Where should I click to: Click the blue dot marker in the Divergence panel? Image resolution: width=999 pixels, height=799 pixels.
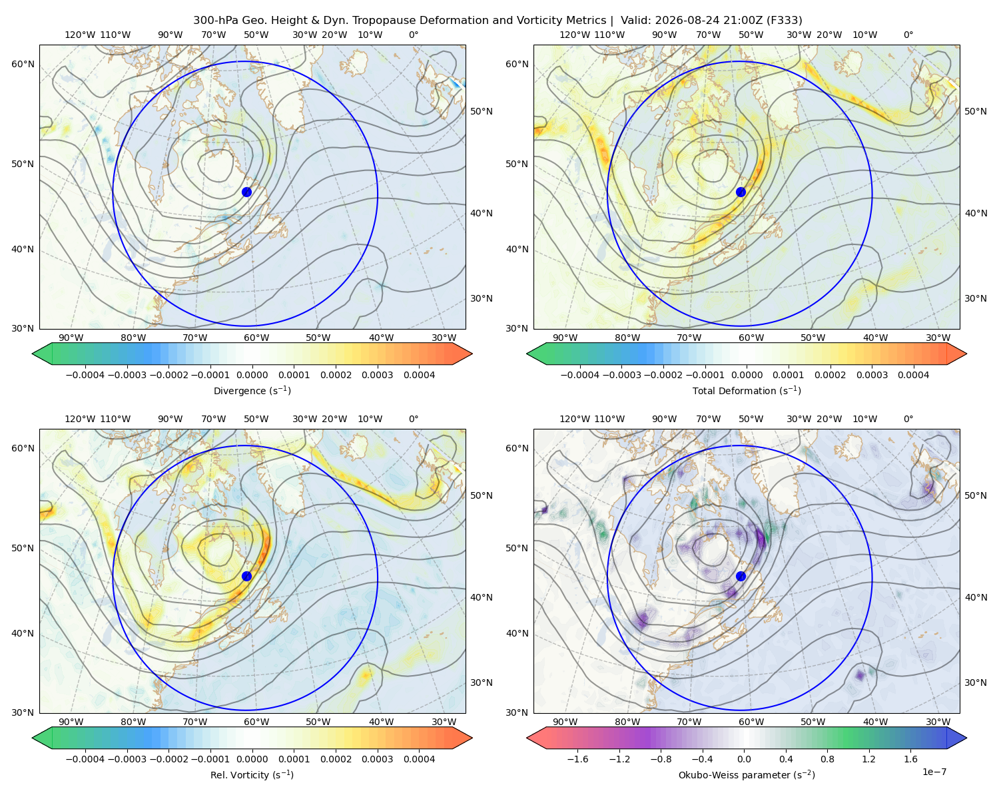pyautogui.click(x=246, y=192)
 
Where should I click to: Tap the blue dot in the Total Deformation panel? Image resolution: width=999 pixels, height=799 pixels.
pyautogui.click(x=741, y=192)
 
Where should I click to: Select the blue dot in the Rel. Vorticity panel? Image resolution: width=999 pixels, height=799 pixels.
pyautogui.click(x=246, y=576)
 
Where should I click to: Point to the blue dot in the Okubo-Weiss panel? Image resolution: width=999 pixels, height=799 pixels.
pyautogui.click(x=741, y=576)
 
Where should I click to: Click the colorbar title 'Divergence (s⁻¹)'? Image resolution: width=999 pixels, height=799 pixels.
pyautogui.click(x=252, y=390)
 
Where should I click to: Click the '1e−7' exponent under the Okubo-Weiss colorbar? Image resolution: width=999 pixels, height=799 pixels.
pyautogui.click(x=934, y=772)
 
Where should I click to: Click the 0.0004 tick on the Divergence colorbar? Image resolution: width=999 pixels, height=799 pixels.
pyautogui.click(x=419, y=375)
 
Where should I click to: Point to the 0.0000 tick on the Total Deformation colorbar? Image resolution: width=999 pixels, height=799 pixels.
pyautogui.click(x=747, y=375)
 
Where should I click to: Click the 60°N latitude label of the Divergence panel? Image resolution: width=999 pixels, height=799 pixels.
pyautogui.click(x=23, y=64)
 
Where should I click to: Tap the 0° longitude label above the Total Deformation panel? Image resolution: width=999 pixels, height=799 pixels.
pyautogui.click(x=908, y=35)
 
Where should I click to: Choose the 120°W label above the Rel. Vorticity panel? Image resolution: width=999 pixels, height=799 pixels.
pyautogui.click(x=80, y=418)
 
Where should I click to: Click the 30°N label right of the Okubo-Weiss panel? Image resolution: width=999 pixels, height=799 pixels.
pyautogui.click(x=976, y=682)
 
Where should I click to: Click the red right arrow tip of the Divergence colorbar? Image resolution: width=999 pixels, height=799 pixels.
pyautogui.click(x=472, y=354)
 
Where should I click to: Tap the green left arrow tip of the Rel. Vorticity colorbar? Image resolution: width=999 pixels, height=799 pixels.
pyautogui.click(x=33, y=738)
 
